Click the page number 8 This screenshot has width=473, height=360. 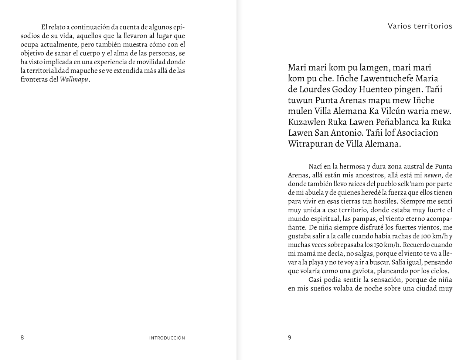22,337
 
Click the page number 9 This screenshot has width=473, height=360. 290,337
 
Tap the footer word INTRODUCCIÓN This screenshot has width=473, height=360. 167,338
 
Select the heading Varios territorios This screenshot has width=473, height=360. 420,26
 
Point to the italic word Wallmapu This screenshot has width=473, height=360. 74,79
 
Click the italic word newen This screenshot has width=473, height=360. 432,175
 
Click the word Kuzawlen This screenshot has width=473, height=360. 307,122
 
